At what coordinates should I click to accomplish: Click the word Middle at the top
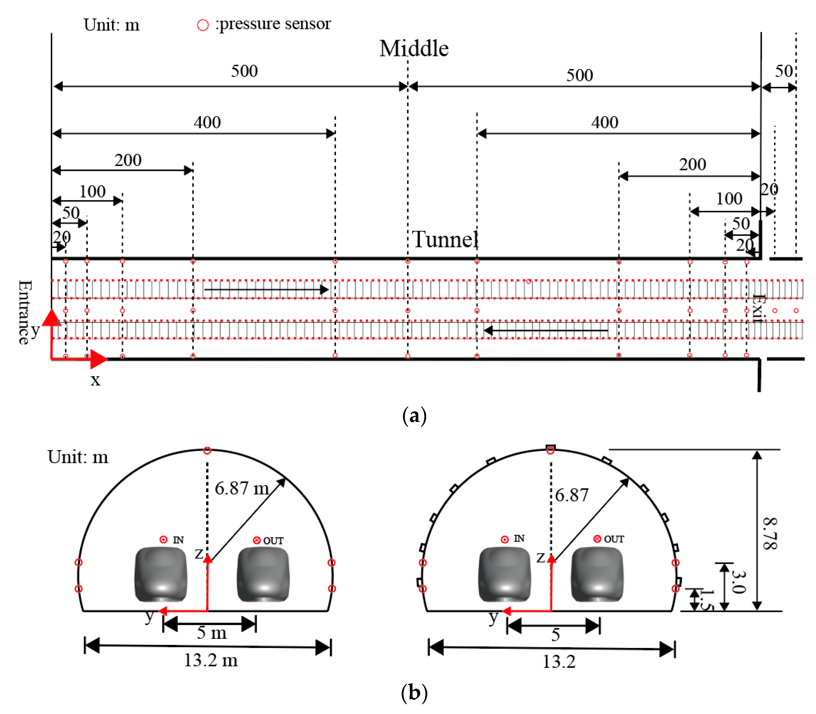414,49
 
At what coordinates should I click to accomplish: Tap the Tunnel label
445,240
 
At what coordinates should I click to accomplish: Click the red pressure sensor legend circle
203,25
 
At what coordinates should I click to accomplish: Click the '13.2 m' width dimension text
211,660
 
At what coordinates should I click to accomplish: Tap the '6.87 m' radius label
242,488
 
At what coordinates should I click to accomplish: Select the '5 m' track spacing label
212,633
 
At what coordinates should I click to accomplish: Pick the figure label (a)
414,416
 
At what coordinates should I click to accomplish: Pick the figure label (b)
414,692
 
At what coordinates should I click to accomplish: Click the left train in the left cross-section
161,574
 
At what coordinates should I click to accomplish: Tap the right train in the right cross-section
597,574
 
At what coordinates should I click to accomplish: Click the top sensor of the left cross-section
207,451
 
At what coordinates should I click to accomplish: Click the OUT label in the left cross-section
273,541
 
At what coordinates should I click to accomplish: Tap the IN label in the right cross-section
519,539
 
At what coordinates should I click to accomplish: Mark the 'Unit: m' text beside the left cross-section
78,457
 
